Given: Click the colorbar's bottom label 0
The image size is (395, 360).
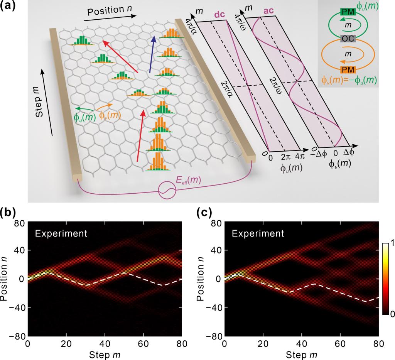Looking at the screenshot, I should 391,314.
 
